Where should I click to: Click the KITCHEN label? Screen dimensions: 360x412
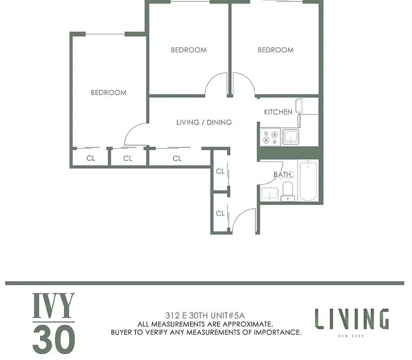click(278, 112)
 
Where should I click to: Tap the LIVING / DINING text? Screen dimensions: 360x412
click(204, 122)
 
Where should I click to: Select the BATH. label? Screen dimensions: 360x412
click(283, 175)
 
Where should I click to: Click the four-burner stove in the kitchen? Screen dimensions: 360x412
click(271, 137)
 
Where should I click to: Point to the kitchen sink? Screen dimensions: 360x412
click(290, 137)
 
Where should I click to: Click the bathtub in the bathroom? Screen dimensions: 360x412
click(308, 181)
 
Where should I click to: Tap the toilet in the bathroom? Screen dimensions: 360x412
click(287, 191)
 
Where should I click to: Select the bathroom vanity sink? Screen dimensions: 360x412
click(270, 194)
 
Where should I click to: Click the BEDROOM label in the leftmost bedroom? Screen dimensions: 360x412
click(109, 93)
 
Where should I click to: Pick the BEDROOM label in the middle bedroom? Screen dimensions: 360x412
click(189, 50)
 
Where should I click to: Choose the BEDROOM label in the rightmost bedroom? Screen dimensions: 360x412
click(275, 50)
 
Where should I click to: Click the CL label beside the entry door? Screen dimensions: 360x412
click(220, 214)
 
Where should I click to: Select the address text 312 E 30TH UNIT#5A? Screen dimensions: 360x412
click(206, 315)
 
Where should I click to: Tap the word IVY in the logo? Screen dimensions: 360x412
click(54, 306)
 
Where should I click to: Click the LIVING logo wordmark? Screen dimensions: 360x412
click(351, 319)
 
